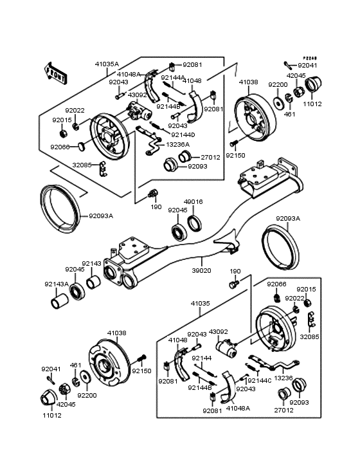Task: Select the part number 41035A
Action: [x=107, y=64]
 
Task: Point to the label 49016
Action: [x=194, y=201]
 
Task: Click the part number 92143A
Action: [x=57, y=284]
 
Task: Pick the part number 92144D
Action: [x=183, y=134]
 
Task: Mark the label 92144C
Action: [x=260, y=380]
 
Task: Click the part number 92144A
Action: [x=173, y=78]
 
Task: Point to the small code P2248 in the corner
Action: [x=311, y=58]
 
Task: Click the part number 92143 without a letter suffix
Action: [x=91, y=263]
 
